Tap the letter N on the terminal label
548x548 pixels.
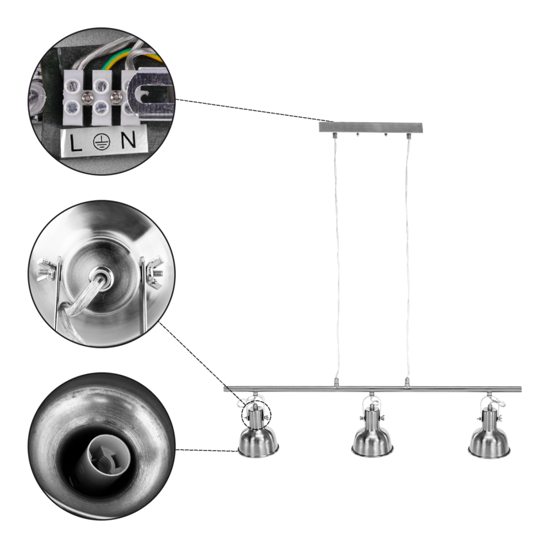tap(127, 141)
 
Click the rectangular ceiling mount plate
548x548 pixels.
tap(371, 127)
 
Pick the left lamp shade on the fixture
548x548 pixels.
tap(259, 440)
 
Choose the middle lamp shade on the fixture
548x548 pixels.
tap(372, 440)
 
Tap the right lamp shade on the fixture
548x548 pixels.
tap(489, 440)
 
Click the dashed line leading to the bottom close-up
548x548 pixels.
tap(208, 451)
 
